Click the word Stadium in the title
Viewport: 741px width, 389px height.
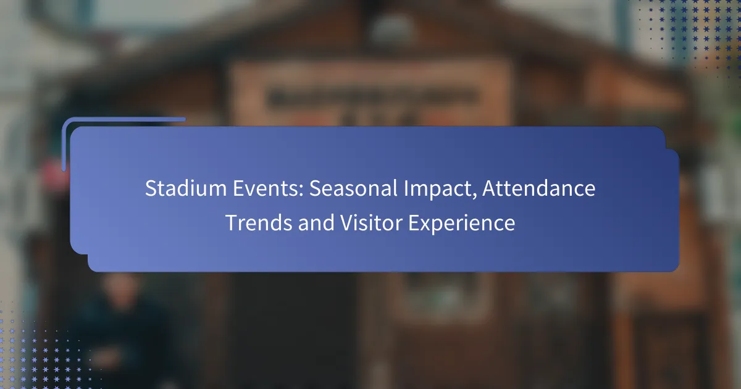186,188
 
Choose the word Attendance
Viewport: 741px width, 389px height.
539,188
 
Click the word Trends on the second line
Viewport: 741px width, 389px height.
259,223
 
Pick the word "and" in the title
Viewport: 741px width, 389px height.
316,223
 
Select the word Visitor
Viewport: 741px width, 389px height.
371,223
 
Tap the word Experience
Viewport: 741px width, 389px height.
461,224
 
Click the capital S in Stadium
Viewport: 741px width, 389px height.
151,188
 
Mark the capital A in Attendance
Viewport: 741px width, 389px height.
490,188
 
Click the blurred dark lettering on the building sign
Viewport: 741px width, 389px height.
373,98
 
